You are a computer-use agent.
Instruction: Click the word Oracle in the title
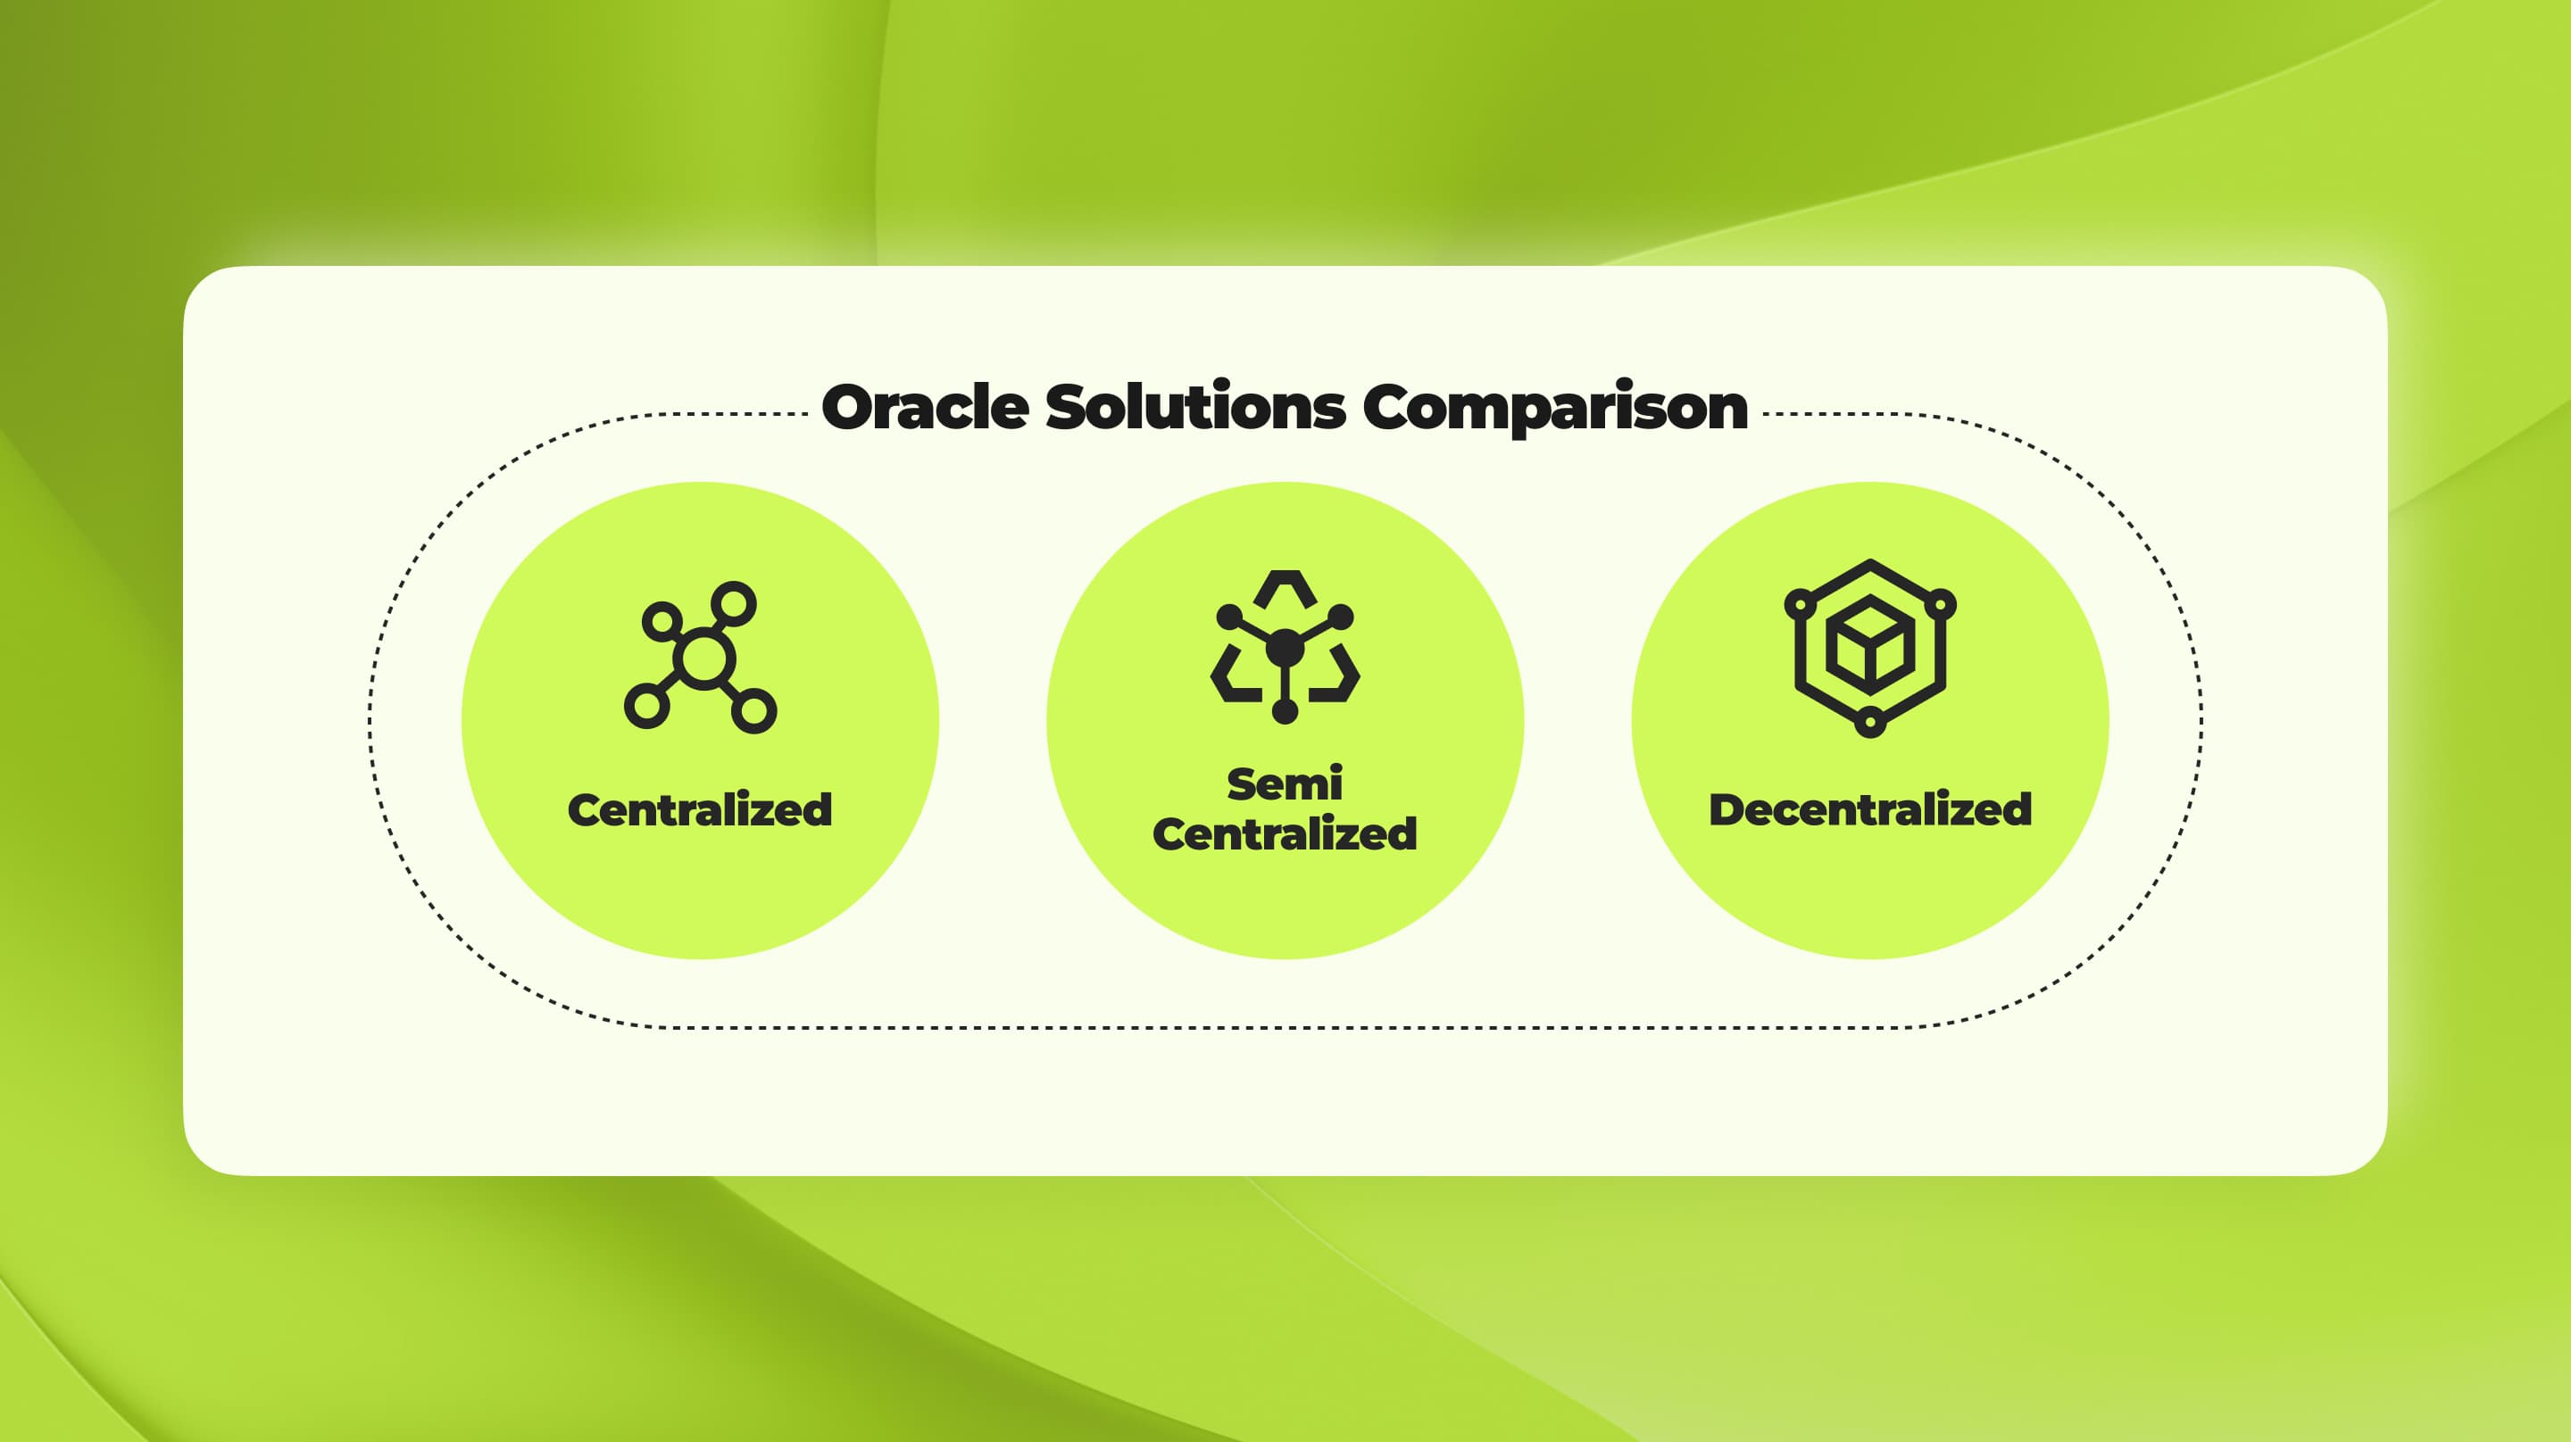point(924,408)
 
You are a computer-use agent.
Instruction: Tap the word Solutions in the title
point(1194,408)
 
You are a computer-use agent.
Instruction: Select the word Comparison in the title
point(1554,408)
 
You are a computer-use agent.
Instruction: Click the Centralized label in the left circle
point(700,809)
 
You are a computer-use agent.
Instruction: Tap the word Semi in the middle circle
point(1285,784)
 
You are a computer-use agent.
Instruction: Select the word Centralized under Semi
point(1285,834)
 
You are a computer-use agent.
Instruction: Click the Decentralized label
point(1869,809)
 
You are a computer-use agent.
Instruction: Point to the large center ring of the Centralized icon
point(703,659)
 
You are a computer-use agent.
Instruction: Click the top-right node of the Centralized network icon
point(735,604)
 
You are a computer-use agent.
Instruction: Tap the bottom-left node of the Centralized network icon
point(645,707)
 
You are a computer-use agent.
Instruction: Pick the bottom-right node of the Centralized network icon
point(754,711)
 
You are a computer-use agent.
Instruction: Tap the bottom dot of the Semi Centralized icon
point(1285,711)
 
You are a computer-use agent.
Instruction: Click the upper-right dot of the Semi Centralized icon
point(1342,617)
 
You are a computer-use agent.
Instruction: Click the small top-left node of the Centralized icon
point(661,621)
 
